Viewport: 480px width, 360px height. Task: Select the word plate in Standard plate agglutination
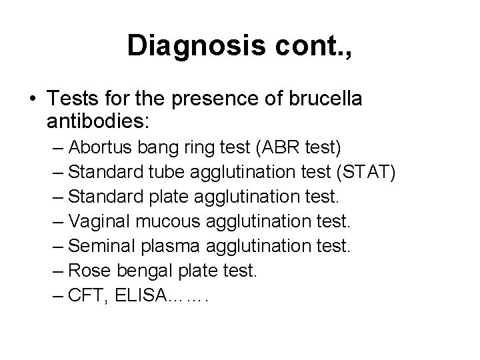pyautogui.click(x=169, y=197)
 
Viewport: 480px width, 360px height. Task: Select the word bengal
pyautogui.click(x=142, y=271)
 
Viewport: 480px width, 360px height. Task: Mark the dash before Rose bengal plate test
pyautogui.click(x=57, y=271)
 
